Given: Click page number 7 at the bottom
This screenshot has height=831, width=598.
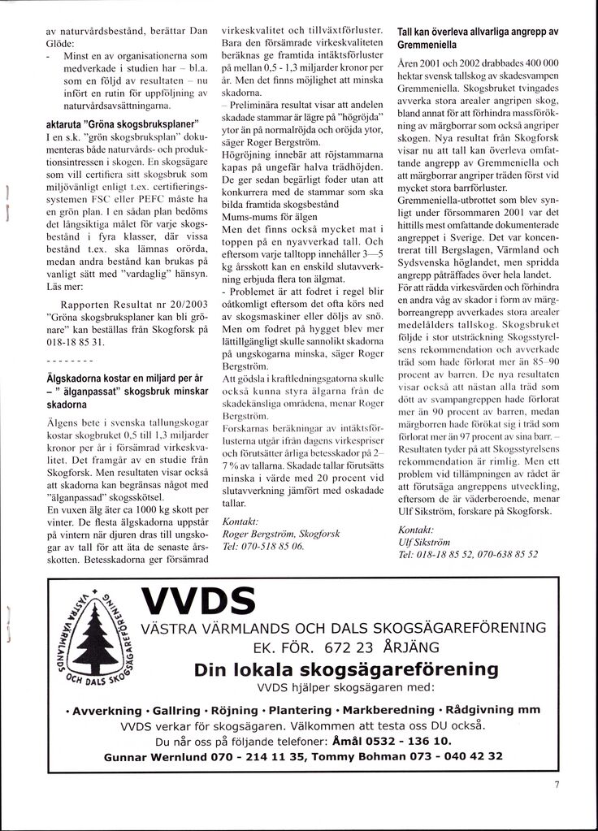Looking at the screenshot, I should (x=557, y=785).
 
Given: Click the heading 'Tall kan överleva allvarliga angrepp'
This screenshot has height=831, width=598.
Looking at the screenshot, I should (x=477, y=37).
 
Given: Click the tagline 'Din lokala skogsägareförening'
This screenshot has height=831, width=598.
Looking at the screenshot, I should (x=346, y=669).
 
